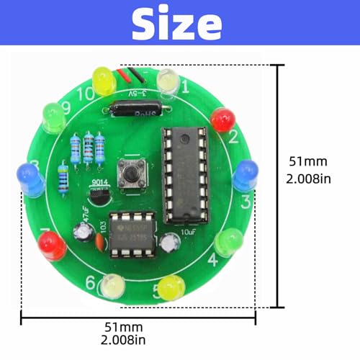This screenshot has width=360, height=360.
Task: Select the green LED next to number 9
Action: pos(53,117)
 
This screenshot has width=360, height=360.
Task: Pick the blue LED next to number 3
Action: pos(246,175)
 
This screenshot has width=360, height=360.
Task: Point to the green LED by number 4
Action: pos(226,240)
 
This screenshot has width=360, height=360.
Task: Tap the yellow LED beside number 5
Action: pos(171,288)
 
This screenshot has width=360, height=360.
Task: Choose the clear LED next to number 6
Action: pos(112,287)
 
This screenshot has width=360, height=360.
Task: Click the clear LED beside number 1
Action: pos(168,81)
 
